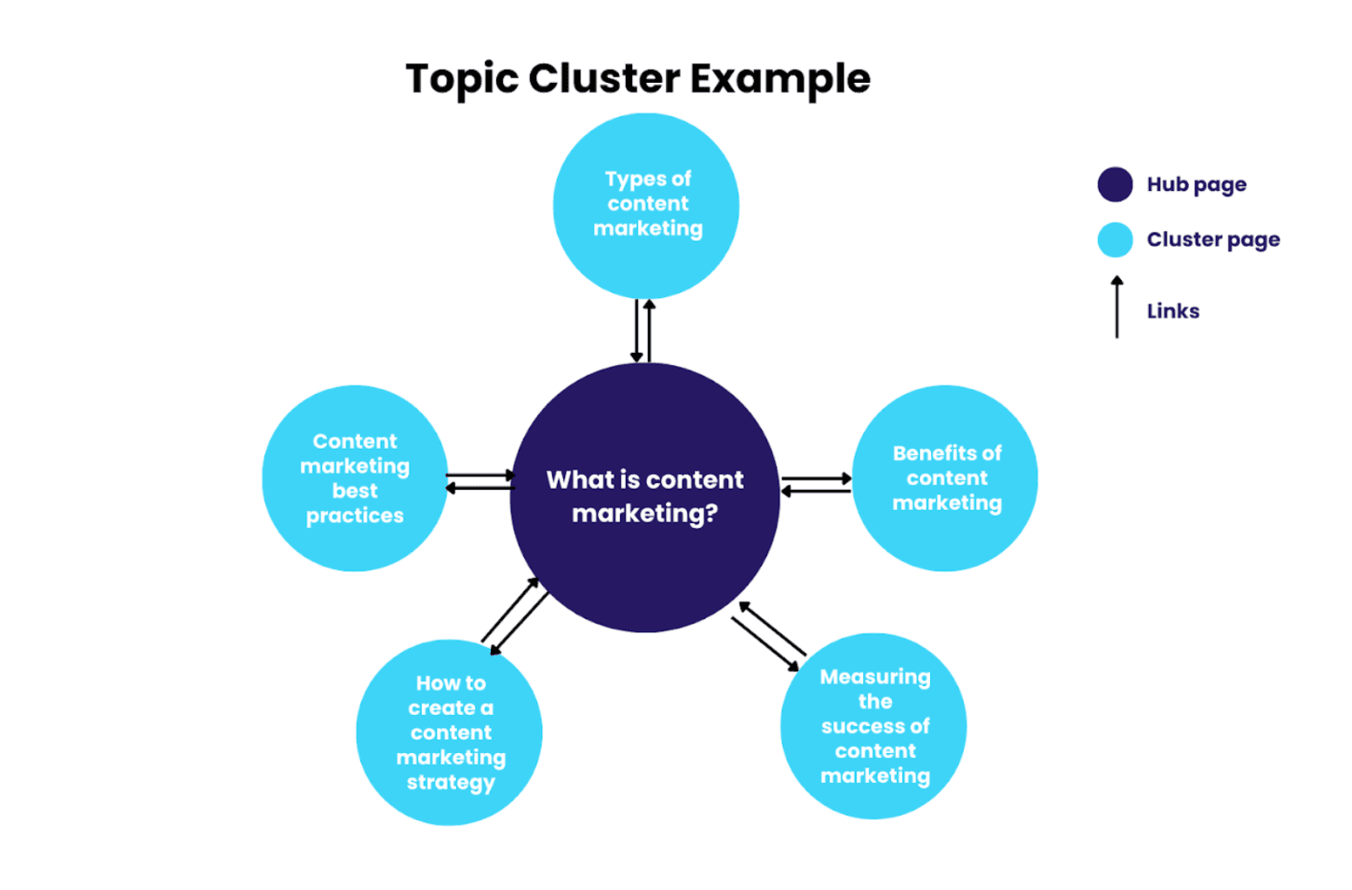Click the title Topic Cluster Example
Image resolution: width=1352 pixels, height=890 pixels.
(638, 79)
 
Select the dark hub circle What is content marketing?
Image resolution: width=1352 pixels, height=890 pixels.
(644, 497)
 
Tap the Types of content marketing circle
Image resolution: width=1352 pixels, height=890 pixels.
(646, 205)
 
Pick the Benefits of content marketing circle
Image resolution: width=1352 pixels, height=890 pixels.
(945, 478)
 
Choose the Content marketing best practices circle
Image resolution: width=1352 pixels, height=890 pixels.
(355, 478)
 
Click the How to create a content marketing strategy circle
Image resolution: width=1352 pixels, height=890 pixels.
(449, 732)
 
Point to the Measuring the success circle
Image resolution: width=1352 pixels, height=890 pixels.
(873, 726)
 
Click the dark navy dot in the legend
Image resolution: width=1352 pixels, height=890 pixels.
(1115, 184)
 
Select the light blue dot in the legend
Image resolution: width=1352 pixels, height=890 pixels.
(1115, 239)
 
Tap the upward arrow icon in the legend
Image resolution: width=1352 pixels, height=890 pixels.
(1116, 307)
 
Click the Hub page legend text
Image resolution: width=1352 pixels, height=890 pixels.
(1197, 184)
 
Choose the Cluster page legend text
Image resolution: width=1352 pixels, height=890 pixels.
(1213, 239)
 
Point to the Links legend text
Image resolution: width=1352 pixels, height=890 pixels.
(1173, 311)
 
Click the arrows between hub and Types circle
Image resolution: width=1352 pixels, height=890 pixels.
(642, 330)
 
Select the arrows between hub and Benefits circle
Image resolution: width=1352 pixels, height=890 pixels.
(816, 484)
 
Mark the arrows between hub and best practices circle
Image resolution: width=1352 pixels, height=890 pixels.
(480, 481)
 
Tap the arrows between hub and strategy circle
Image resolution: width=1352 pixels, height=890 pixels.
(515, 615)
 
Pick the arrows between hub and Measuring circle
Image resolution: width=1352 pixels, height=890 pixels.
(769, 637)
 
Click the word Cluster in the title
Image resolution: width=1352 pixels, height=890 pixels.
(604, 79)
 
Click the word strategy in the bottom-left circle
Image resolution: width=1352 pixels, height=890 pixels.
(451, 782)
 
